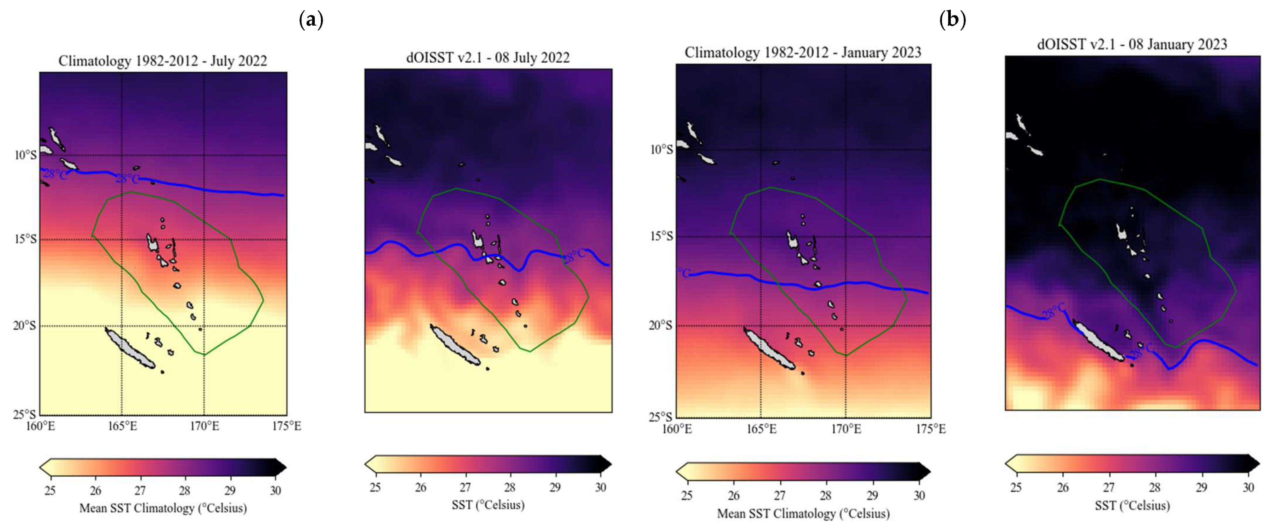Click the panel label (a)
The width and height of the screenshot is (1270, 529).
311,20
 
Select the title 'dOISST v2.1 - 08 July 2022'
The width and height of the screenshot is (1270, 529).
487,58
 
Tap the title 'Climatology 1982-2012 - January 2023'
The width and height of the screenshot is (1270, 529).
803,53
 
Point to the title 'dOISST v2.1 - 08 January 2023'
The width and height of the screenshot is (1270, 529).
1132,44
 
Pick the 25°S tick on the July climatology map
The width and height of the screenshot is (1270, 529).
25,414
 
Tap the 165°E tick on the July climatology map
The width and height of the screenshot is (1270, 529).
122,426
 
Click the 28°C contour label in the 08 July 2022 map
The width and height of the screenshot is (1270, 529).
574,255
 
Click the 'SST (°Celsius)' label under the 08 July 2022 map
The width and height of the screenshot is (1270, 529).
487,505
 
